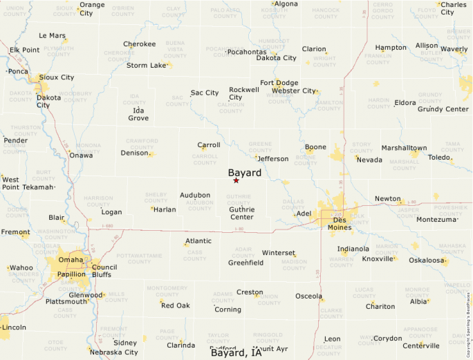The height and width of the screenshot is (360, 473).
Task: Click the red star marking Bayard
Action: (x=236, y=180)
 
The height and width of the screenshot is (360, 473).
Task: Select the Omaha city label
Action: (x=70, y=259)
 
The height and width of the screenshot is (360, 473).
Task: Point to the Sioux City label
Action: (x=57, y=77)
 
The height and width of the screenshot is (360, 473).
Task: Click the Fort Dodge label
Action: (x=279, y=83)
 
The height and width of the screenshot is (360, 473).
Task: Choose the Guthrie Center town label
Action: (x=241, y=213)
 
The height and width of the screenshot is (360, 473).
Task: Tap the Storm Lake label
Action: (x=147, y=66)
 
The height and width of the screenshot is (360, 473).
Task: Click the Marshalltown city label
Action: (x=404, y=148)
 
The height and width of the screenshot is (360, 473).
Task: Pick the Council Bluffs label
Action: (x=104, y=271)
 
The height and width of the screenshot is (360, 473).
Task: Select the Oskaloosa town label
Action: (x=426, y=260)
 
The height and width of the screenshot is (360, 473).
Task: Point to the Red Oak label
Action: (x=175, y=305)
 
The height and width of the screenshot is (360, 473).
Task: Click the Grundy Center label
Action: (x=443, y=109)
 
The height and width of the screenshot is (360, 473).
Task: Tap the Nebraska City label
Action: (x=114, y=352)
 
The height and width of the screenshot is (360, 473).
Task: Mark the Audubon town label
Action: (x=195, y=196)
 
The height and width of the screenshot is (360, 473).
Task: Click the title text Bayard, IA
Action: (x=236, y=353)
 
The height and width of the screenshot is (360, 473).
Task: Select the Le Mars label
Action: (x=52, y=35)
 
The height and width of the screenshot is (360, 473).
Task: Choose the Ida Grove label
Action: (x=138, y=114)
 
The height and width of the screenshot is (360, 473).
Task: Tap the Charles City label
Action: (x=457, y=8)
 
